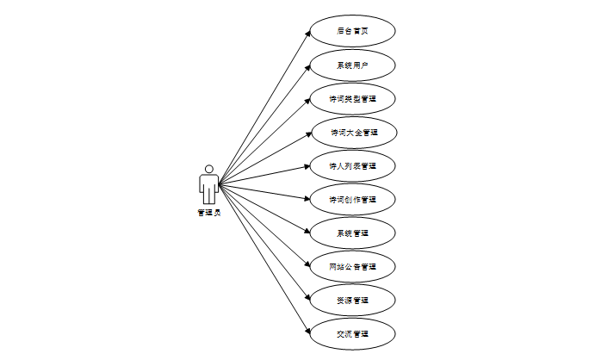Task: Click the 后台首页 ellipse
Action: click(x=352, y=31)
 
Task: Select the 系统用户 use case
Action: click(x=352, y=65)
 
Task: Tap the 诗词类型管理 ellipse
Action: click(x=352, y=98)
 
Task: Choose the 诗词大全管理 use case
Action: click(x=352, y=132)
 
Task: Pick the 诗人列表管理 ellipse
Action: click(x=352, y=165)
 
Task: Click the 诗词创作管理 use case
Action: click(x=352, y=199)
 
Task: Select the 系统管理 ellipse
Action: click(x=352, y=233)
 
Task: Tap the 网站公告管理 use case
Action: click(x=352, y=266)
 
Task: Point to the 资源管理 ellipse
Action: click(x=352, y=300)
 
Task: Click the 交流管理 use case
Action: click(x=352, y=333)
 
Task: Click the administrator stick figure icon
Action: click(x=208, y=184)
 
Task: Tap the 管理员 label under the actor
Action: click(x=208, y=212)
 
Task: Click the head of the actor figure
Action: click(x=208, y=168)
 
